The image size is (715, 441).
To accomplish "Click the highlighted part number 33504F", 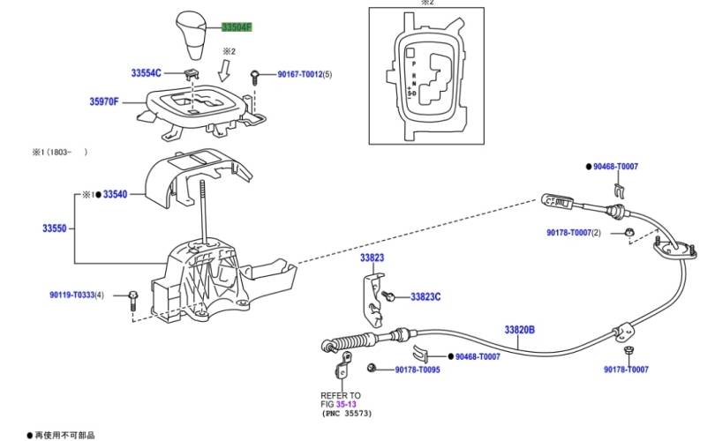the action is click(x=237, y=27).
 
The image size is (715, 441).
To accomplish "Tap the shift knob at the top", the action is click(x=192, y=34).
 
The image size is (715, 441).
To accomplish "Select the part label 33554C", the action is click(x=146, y=73).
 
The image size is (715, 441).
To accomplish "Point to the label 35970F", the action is click(x=104, y=101).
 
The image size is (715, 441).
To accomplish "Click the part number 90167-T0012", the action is click(x=300, y=74).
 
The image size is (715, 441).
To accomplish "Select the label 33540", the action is click(x=115, y=195).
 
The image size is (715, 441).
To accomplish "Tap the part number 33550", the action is click(x=54, y=228).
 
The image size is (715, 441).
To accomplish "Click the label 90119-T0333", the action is click(x=72, y=295).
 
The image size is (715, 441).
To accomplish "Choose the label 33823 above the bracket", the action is click(x=373, y=258).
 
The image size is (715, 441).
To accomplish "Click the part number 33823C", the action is click(x=425, y=297).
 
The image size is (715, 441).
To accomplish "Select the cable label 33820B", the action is click(x=519, y=329).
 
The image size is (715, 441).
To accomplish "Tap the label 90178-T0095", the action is click(x=418, y=370).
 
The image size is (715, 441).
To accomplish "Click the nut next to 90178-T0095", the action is click(x=372, y=367).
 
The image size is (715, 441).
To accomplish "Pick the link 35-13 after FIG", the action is click(x=346, y=404).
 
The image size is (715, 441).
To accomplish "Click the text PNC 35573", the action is click(x=347, y=414).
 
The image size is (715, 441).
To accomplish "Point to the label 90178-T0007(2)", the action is click(x=574, y=233).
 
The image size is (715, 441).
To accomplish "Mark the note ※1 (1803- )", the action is click(x=60, y=153).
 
